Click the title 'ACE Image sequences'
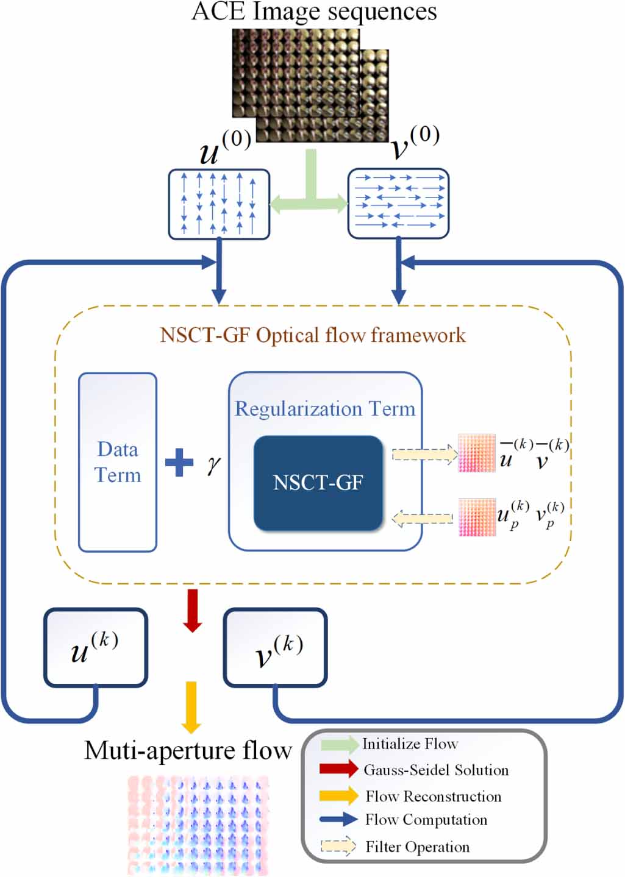coord(314,12)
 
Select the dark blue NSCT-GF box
coord(318,483)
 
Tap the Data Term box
coord(118,462)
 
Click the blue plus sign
coord(179,463)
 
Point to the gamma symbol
coord(213,464)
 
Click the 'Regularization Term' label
coord(324,408)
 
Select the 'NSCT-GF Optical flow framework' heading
coord(312,335)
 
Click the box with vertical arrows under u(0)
coord(219,204)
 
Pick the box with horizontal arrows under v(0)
coord(398,204)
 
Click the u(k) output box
coord(96,647)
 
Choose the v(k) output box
coord(276,648)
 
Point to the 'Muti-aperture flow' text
coord(188,750)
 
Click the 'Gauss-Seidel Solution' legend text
coord(435,770)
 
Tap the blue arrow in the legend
coord(338,820)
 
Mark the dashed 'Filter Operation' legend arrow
coord(338,847)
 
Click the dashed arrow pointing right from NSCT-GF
coord(425,455)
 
